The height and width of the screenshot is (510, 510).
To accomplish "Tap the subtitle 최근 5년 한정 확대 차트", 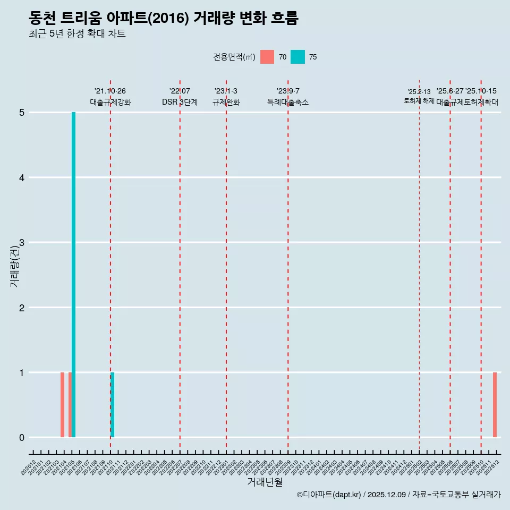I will [x=77, y=34].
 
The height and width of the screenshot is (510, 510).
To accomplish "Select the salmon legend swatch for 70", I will [x=267, y=57].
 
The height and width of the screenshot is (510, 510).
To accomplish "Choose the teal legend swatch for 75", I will [x=297, y=57].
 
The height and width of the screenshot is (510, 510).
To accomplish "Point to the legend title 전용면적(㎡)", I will [x=234, y=57].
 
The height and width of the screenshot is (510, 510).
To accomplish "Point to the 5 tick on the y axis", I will [x=22, y=113].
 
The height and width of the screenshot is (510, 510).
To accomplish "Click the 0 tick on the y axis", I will [x=22, y=438].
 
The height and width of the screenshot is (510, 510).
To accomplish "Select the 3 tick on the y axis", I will [x=22, y=243].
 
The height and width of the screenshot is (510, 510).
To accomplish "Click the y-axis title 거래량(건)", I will [x=14, y=266].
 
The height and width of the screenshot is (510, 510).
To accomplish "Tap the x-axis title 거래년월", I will [x=265, y=482].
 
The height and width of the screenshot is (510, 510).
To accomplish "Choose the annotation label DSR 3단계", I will [x=180, y=102].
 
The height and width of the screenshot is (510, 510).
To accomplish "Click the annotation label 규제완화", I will [x=226, y=102].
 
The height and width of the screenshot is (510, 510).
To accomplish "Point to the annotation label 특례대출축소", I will [x=287, y=102].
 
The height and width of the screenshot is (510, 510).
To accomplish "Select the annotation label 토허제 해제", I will [x=419, y=100].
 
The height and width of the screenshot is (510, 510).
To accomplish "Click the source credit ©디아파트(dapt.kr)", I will [x=329, y=495].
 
